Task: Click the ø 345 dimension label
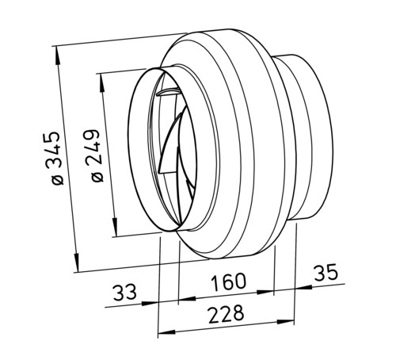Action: coord(55,158)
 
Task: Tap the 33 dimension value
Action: coord(125,292)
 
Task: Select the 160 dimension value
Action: coord(228,281)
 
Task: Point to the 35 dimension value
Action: coord(326,272)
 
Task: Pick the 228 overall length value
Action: coord(226,314)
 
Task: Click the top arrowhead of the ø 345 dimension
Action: coord(58,56)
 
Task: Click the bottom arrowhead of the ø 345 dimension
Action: coord(76,262)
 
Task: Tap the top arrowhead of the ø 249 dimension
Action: coord(102,83)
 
